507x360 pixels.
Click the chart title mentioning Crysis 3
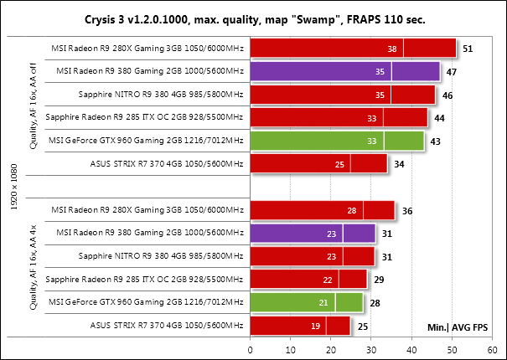tap(253, 18)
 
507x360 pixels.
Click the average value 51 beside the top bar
tap(468, 49)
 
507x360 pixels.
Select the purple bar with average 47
tap(344, 72)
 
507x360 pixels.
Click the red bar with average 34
tap(318, 163)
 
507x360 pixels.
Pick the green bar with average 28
tap(305, 301)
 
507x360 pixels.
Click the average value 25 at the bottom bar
tap(362, 324)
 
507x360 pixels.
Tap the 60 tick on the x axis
tap(493, 350)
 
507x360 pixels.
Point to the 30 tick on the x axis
tap(371, 350)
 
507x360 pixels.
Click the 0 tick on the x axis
tap(250, 350)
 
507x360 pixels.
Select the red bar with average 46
tap(342, 95)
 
